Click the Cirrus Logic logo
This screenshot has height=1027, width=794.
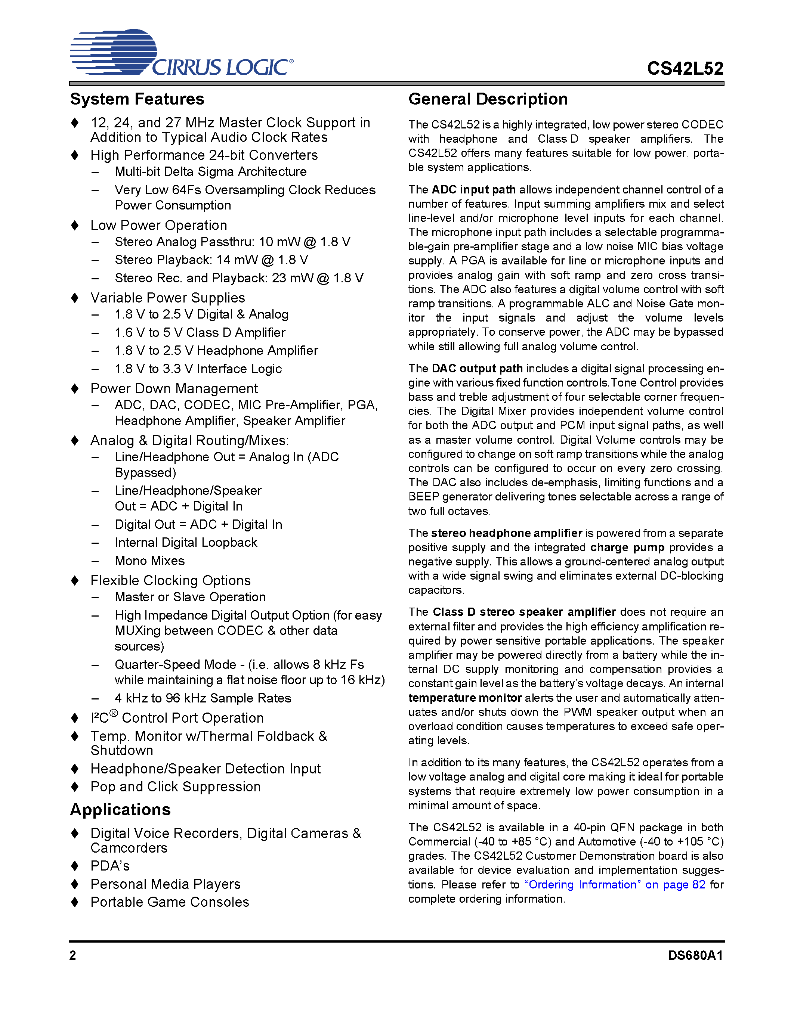point(181,53)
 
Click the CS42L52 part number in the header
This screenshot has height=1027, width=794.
point(685,69)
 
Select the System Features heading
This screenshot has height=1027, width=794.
point(137,99)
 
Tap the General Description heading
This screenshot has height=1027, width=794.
point(488,99)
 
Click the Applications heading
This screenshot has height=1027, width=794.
point(120,810)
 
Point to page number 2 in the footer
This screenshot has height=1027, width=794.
point(72,956)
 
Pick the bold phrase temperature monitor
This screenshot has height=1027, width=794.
point(465,698)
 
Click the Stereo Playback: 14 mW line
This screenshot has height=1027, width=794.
point(211,260)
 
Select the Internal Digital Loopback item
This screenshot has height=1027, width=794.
point(186,543)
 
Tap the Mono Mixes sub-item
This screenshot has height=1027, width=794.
point(149,561)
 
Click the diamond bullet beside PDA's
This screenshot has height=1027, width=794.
point(75,866)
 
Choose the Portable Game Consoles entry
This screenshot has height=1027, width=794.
point(170,902)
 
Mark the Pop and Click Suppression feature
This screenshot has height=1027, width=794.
point(176,787)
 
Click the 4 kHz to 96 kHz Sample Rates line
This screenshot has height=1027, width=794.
point(203,698)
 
